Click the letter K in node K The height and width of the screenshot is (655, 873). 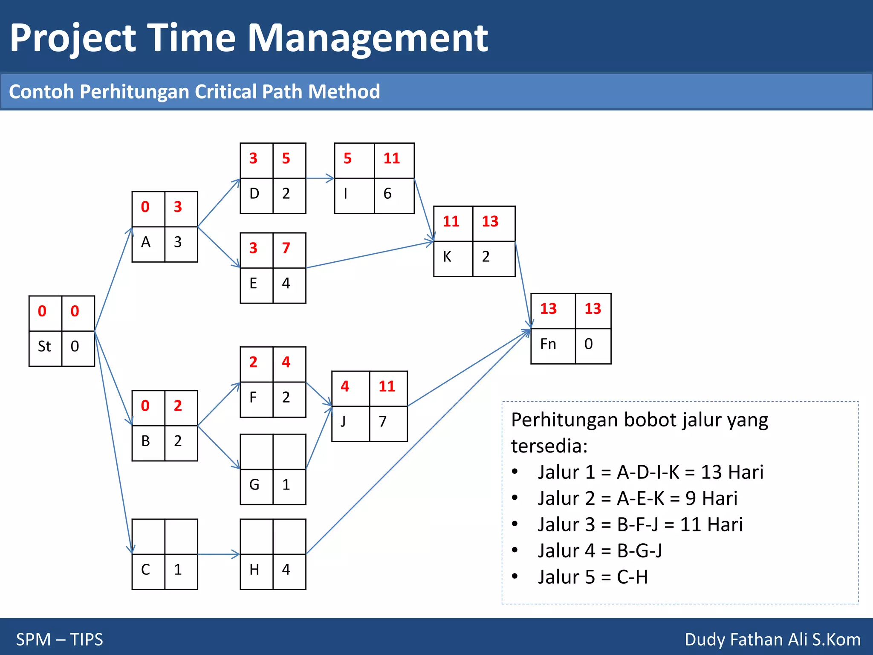(x=447, y=257)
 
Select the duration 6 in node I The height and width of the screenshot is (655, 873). (x=387, y=194)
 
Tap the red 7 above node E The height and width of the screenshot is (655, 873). (x=286, y=248)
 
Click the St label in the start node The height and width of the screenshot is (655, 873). (x=44, y=346)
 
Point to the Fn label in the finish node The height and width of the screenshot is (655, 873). (x=548, y=344)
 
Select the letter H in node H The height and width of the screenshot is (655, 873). (x=254, y=570)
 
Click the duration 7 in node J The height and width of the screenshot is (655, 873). (x=382, y=422)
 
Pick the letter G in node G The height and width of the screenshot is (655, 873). (x=254, y=485)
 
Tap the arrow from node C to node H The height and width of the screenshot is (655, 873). (x=218, y=554)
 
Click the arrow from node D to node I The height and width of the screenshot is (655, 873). (x=320, y=178)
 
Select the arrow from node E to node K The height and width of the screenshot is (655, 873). (x=369, y=255)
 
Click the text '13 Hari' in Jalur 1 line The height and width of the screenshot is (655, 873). (x=732, y=472)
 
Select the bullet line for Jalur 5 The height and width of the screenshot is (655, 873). (x=593, y=577)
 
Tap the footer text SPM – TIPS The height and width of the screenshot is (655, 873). (x=60, y=639)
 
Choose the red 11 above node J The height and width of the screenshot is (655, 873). (x=387, y=386)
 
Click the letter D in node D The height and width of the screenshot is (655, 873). (x=254, y=194)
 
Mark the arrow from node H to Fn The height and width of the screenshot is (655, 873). (x=418, y=441)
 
